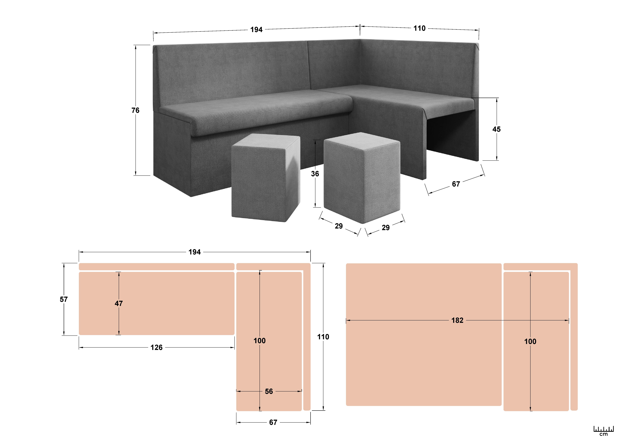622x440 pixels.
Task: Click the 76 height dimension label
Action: pos(135,110)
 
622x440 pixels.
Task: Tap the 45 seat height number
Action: pos(496,129)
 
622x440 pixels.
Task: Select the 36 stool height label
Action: pos(315,174)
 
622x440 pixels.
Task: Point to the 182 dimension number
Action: pos(457,320)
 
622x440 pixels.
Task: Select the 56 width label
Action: pos(269,391)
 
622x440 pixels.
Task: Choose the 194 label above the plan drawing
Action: pos(195,252)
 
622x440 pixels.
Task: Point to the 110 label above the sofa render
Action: pos(419,28)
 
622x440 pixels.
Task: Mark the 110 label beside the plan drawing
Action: pos(323,337)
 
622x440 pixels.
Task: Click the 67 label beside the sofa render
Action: pos(456,184)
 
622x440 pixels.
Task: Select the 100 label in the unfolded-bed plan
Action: pos(530,341)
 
